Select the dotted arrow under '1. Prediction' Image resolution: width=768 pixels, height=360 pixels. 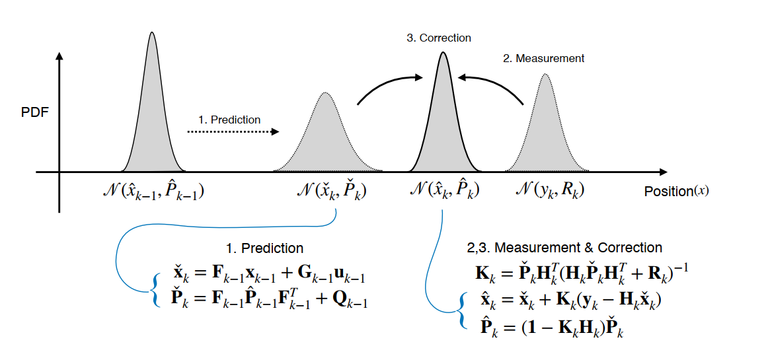(x=233, y=132)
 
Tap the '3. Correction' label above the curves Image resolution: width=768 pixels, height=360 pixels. (x=439, y=38)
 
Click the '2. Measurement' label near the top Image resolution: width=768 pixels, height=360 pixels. (x=543, y=58)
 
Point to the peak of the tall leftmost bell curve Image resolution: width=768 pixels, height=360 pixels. (x=152, y=32)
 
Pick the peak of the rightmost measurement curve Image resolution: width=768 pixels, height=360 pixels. (x=545, y=74)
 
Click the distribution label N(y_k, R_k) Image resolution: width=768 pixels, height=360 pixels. (x=550, y=190)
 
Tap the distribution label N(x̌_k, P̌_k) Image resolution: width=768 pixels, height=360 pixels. (x=332, y=191)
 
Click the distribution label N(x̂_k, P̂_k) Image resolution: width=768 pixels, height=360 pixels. (x=443, y=190)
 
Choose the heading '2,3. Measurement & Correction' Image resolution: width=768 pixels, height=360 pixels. (x=564, y=248)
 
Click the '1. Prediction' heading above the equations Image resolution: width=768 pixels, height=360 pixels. (x=264, y=248)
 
